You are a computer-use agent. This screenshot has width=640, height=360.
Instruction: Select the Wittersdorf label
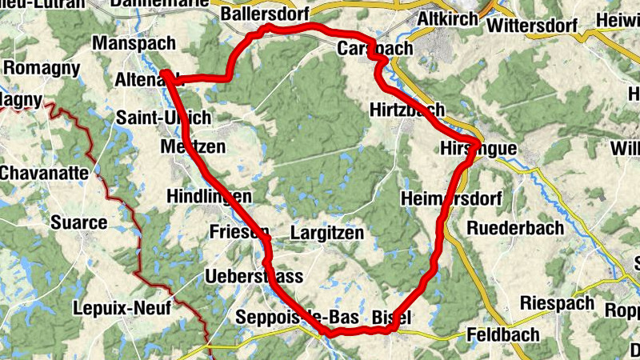click(x=531, y=24)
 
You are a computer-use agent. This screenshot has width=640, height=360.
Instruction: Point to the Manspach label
click(x=129, y=42)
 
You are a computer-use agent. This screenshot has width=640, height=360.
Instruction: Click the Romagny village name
click(x=42, y=68)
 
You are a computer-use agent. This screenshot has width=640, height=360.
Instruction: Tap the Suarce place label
click(x=78, y=222)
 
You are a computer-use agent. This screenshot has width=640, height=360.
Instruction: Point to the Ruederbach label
click(x=514, y=228)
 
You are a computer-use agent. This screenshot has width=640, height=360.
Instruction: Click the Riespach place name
click(x=558, y=303)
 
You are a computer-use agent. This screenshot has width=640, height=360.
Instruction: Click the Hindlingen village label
click(x=210, y=197)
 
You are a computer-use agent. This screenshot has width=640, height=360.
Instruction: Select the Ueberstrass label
click(x=254, y=277)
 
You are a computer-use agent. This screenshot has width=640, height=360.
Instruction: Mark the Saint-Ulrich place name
click(x=163, y=118)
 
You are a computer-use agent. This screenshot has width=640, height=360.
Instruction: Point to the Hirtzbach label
click(x=407, y=110)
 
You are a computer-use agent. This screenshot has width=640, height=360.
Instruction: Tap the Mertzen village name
click(x=193, y=147)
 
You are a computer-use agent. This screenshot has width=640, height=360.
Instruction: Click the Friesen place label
click(x=238, y=232)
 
